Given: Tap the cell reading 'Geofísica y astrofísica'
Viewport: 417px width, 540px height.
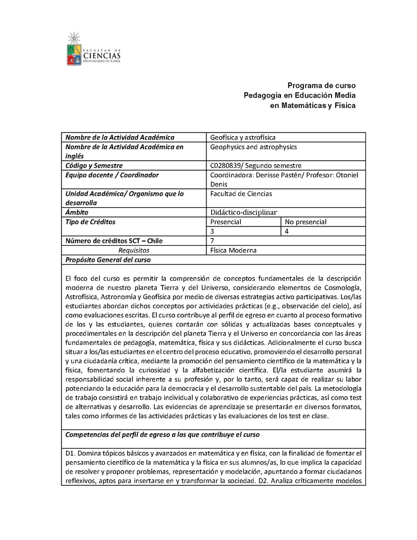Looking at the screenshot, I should (x=239, y=137).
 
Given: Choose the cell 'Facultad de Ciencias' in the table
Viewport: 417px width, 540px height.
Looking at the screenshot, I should (x=241, y=194).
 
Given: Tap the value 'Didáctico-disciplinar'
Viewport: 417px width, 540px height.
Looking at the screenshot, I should (x=243, y=212).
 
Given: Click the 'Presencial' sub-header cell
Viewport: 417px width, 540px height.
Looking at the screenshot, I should (x=225, y=222).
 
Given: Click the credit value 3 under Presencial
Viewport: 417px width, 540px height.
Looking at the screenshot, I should (x=212, y=231).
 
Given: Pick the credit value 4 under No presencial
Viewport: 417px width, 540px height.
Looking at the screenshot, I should (x=287, y=231).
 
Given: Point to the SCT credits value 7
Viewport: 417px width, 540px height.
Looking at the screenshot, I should (x=212, y=241).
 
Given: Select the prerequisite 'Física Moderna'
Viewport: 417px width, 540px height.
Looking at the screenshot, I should (x=233, y=250).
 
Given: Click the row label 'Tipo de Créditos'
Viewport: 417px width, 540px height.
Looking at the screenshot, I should (x=90, y=222).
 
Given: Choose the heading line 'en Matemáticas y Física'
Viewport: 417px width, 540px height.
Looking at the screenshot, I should (x=312, y=105).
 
